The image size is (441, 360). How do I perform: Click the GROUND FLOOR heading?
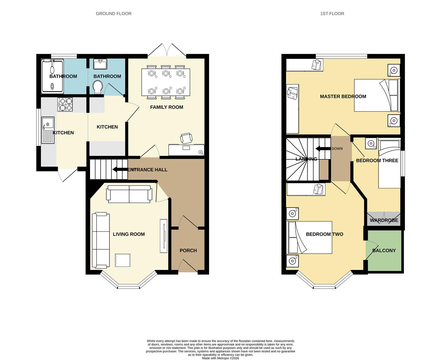[x=113, y=14]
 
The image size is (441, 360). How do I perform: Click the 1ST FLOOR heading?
[x=332, y=14]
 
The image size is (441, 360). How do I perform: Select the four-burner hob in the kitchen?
[x=65, y=104]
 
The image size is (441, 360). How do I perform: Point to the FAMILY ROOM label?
[x=166, y=107]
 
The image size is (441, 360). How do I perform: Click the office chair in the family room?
[x=186, y=138]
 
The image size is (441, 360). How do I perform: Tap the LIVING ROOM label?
[x=129, y=234]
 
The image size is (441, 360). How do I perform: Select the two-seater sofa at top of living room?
[x=129, y=194]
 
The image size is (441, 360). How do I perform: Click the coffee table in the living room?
[x=123, y=260]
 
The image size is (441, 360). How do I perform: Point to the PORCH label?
[x=188, y=250]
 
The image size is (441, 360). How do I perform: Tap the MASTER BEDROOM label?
[x=343, y=96]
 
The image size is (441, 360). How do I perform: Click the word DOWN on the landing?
[x=337, y=149]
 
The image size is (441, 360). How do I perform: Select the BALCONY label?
[x=384, y=250]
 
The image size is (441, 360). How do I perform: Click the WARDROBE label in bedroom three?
[x=384, y=220]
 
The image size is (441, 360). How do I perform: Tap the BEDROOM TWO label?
[x=324, y=234]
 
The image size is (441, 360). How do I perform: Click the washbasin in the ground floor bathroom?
[x=100, y=64]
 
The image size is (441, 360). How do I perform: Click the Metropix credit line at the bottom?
[x=220, y=358]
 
